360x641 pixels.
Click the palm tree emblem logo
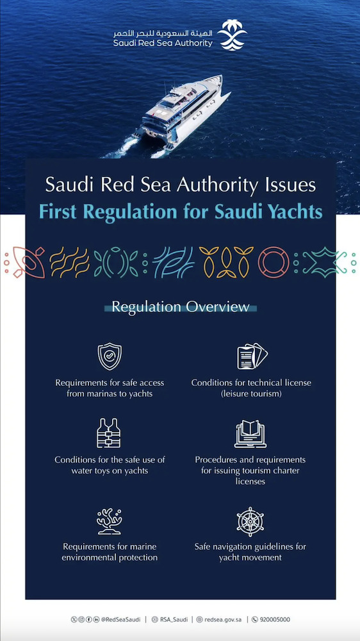[x=232, y=35]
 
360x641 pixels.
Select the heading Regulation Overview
[x=180, y=307]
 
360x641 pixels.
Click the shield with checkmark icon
[x=110, y=357]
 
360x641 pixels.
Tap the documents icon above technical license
[x=251, y=357]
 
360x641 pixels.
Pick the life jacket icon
[x=110, y=433]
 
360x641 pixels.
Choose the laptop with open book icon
[x=250, y=435]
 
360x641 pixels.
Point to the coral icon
[x=110, y=521]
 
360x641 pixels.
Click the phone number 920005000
[x=275, y=620]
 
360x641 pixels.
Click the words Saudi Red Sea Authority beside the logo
[x=163, y=43]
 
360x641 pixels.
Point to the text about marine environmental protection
[x=110, y=552]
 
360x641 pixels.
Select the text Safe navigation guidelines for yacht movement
[x=250, y=552]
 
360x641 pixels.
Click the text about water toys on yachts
[x=110, y=465]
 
